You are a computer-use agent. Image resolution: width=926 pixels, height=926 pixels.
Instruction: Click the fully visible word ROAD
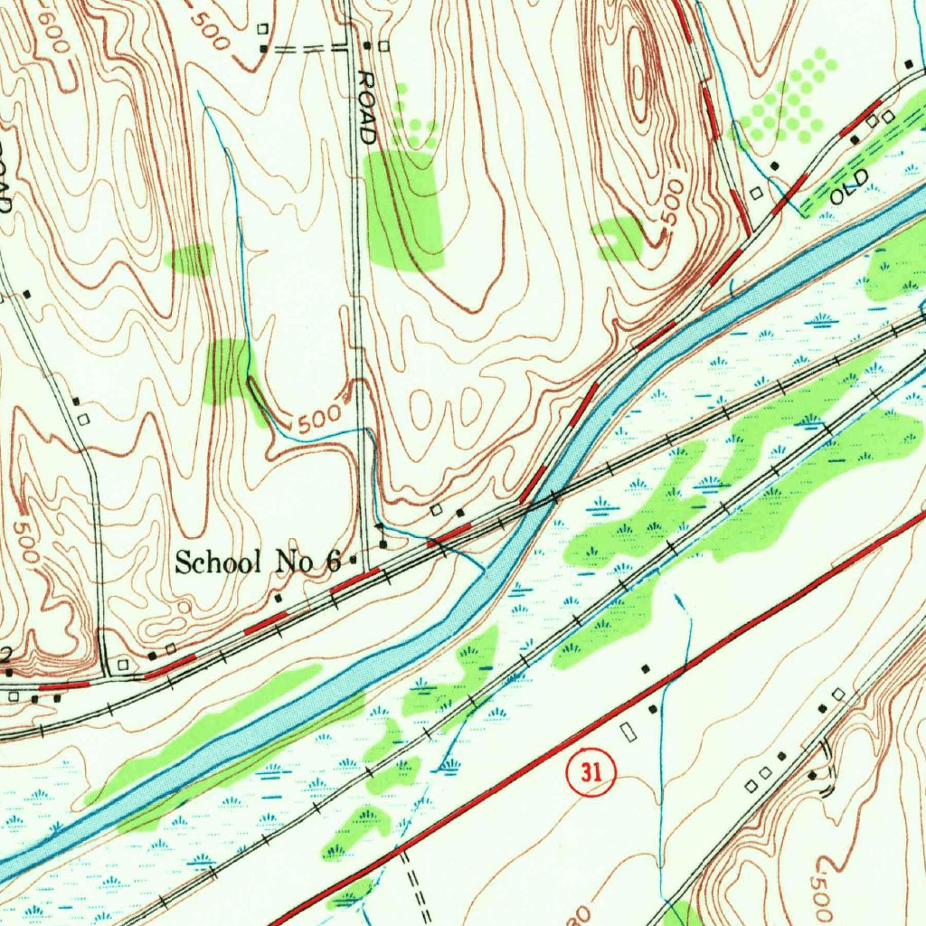(366, 108)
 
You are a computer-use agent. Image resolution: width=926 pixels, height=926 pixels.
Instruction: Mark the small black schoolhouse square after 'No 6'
(354, 561)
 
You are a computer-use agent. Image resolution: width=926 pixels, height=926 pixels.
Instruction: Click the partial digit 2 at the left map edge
(5, 654)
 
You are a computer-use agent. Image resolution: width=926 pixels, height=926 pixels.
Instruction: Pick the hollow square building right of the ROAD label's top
(384, 45)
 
